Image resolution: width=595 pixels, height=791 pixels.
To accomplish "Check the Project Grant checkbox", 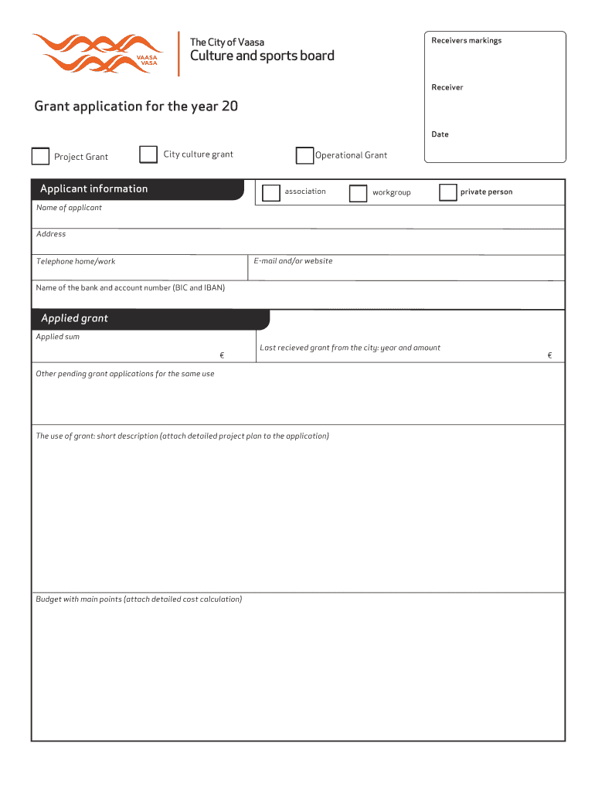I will (x=40, y=157).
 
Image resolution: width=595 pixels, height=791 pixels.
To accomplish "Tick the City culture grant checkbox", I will (x=148, y=155).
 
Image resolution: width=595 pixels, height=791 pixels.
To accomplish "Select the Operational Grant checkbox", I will (x=305, y=156).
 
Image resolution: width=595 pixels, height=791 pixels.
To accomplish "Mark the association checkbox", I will (x=271, y=192).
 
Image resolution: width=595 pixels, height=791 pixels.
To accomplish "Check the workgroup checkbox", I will (x=358, y=193).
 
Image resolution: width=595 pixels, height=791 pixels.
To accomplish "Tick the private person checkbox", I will (x=447, y=192).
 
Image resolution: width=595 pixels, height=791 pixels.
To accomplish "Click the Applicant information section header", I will (x=94, y=189).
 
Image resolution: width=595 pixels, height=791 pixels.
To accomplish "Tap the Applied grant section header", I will (x=75, y=319).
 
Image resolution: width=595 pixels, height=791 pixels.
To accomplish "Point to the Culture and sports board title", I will (x=263, y=56).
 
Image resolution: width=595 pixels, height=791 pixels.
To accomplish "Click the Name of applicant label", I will (x=69, y=208).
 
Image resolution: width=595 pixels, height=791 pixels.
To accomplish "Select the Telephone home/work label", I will (x=76, y=262).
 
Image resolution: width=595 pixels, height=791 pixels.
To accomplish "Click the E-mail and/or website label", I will (x=293, y=261).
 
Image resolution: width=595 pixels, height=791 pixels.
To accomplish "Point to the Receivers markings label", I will (x=466, y=41).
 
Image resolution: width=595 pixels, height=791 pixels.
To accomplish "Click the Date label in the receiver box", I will (x=440, y=134).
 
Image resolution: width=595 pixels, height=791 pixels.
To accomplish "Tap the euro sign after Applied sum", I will (x=222, y=355).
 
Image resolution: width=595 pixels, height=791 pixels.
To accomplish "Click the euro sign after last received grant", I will (x=549, y=355).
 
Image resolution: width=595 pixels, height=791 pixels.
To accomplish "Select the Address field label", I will (x=51, y=234).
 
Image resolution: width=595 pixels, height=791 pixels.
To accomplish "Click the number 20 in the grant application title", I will (x=229, y=107).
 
